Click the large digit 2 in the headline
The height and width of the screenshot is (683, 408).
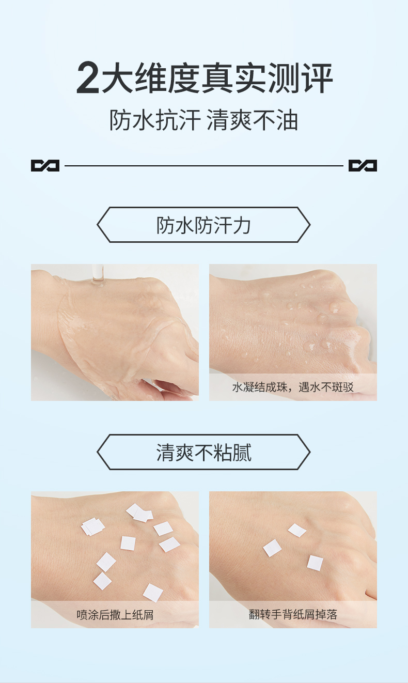click(x=88, y=79)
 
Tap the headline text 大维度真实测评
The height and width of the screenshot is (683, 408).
click(x=217, y=79)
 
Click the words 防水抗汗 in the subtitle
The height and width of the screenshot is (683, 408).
click(x=154, y=120)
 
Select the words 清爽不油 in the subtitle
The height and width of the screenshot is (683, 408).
click(x=252, y=120)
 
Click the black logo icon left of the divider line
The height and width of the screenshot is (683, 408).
click(x=45, y=166)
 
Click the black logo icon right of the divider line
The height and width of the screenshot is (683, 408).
click(x=363, y=166)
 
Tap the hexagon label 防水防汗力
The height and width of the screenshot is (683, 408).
click(x=203, y=225)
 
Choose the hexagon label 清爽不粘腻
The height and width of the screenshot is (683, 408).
click(x=203, y=453)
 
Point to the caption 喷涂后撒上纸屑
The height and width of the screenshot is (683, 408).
click(x=115, y=615)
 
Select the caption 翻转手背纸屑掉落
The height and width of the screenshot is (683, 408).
click(x=293, y=615)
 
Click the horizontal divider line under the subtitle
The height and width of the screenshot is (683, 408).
click(x=203, y=166)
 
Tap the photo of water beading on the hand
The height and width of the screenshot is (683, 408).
click(x=293, y=320)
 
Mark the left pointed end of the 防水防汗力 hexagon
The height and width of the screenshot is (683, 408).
click(x=99, y=225)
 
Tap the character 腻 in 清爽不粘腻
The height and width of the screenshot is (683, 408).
click(x=242, y=453)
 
